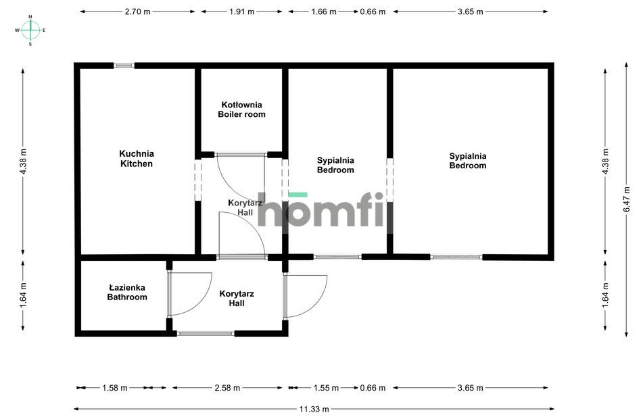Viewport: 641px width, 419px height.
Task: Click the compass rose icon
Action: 30,30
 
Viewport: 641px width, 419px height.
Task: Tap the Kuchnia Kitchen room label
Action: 137,159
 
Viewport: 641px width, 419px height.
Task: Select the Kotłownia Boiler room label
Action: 241,109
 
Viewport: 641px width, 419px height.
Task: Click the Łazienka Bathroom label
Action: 126,293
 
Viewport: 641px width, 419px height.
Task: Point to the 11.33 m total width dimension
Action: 315,409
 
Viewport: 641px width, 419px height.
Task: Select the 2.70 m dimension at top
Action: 137,11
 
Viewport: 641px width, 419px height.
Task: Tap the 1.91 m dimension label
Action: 241,11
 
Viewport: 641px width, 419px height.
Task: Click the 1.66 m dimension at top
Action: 323,11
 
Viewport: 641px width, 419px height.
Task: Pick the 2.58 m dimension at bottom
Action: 227,388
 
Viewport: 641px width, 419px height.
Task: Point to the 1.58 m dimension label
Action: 115,388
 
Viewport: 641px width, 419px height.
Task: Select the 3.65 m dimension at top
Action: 470,11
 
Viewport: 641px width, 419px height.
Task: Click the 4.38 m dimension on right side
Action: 605,162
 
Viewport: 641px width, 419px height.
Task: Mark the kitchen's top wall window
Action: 124,66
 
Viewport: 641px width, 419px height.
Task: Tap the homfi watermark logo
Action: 325,211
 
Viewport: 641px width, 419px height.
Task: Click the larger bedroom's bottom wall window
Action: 456,257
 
